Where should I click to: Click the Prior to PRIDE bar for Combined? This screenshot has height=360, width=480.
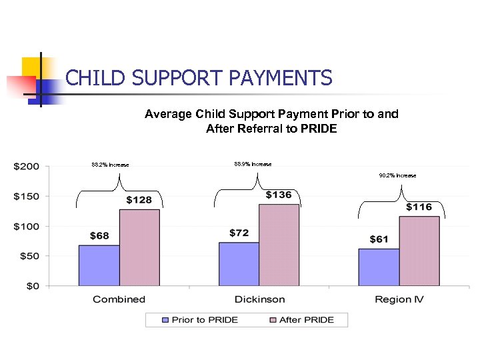coord(99,265)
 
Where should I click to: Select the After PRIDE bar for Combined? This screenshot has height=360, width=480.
coord(139,247)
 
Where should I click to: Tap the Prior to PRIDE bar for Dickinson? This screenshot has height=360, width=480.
coord(239,264)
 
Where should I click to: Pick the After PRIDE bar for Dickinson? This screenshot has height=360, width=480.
coord(279,245)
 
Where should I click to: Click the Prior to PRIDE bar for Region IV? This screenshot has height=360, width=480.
coord(379,267)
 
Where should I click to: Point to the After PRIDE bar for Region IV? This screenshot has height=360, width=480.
coord(419,251)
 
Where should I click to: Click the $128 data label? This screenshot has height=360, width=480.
coord(139,200)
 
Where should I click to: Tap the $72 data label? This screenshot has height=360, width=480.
coord(239,233)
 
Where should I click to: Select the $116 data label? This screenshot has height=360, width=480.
coord(419,207)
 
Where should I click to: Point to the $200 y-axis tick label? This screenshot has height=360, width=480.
coord(27,166)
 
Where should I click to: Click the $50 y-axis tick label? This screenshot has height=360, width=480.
coord(30,256)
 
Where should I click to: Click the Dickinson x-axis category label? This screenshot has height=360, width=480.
coord(259,299)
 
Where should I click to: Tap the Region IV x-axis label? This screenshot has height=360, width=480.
coord(399,299)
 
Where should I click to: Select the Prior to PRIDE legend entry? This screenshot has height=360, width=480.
coord(200,320)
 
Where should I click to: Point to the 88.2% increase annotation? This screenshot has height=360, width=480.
coord(110,165)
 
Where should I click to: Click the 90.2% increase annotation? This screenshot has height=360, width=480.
coord(397,175)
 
